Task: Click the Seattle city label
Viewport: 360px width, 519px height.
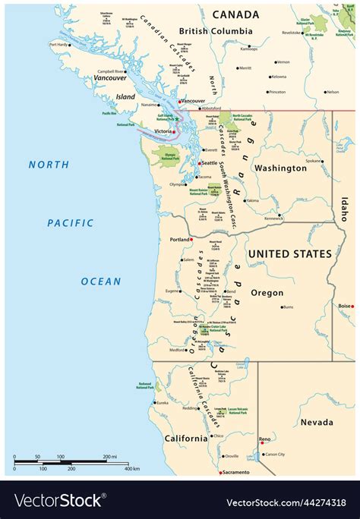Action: (209, 163)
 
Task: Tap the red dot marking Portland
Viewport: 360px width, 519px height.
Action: (191, 240)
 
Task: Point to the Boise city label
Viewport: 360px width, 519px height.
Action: (345, 306)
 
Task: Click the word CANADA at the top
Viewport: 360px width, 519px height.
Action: (235, 14)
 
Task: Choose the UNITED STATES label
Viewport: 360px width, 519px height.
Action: (291, 253)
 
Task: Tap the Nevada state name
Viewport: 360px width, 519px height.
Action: (317, 422)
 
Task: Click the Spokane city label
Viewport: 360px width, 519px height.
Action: (313, 161)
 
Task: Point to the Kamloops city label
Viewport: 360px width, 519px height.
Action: (248, 49)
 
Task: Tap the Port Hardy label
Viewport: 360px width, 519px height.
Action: (58, 44)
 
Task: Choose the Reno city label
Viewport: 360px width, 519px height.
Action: (265, 439)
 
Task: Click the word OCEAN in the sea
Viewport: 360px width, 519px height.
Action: (101, 281)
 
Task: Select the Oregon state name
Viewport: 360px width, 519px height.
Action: (267, 292)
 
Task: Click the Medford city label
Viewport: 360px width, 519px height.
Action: (177, 350)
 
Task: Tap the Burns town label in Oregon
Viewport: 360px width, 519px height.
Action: (287, 307)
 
